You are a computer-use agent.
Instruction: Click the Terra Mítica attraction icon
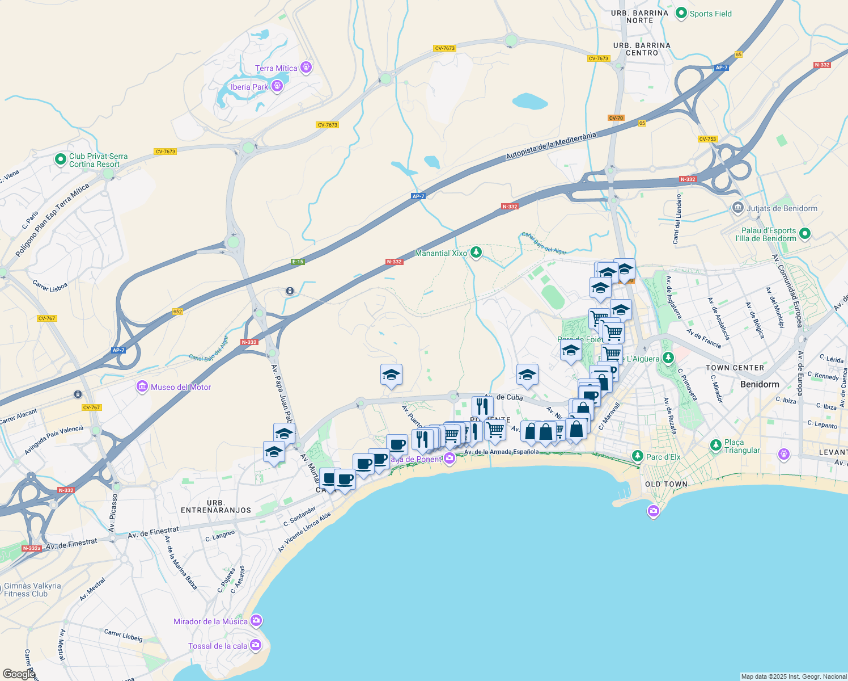tap(306, 68)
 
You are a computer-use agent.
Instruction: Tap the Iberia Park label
tap(249, 87)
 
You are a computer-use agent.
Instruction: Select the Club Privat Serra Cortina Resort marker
tap(61, 159)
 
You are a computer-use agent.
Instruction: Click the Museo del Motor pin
tap(142, 387)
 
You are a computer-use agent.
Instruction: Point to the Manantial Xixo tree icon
tap(476, 253)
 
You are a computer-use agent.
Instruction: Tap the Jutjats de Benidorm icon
tap(737, 208)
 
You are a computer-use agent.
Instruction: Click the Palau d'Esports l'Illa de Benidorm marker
tap(804, 233)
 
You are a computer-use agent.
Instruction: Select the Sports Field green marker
tap(681, 13)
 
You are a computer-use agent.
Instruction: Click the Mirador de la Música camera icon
tap(256, 621)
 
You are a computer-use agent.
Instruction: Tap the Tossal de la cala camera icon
tap(255, 645)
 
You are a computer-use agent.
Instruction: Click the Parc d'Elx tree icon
tap(638, 456)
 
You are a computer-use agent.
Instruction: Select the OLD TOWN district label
tap(666, 484)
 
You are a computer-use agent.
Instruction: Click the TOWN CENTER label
tap(735, 368)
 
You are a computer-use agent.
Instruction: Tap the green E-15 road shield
tap(298, 262)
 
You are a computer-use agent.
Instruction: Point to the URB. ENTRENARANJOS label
tap(216, 506)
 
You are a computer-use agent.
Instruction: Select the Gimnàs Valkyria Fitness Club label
tap(32, 590)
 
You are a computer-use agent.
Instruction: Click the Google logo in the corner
tap(19, 674)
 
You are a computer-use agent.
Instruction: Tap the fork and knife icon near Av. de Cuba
tap(482, 406)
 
